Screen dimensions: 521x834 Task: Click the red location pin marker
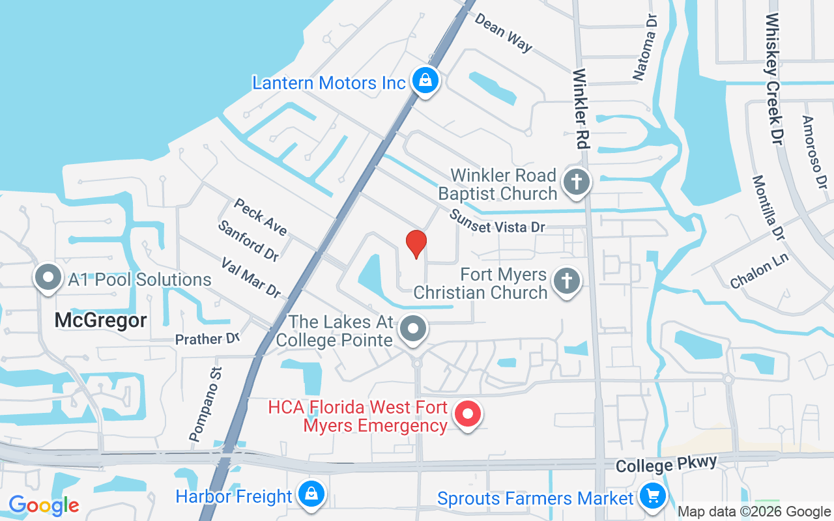[416, 244]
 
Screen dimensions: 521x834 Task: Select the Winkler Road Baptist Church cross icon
[576, 182]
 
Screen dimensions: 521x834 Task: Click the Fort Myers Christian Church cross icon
[566, 281]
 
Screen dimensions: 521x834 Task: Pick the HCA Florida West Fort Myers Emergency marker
[467, 415]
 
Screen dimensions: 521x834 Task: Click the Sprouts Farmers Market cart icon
[652, 497]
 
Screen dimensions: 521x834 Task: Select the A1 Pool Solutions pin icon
[48, 278]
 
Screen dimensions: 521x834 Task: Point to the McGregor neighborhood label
[100, 320]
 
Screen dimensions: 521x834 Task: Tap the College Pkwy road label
[666, 465]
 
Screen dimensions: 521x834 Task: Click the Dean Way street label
[504, 33]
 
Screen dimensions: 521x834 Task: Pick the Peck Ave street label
[261, 217]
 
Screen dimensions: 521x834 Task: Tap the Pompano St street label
[205, 404]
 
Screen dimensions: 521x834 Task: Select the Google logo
[44, 505]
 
